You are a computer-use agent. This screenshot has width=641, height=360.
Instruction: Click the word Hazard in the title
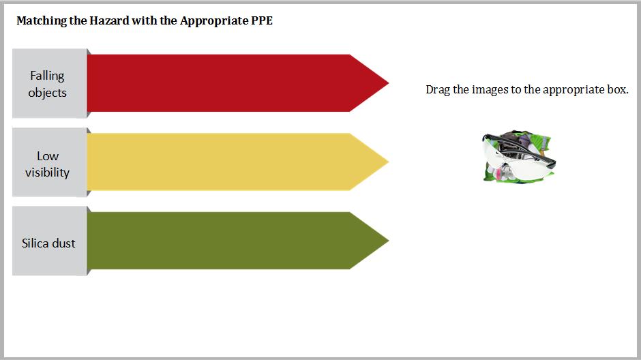coord(109,20)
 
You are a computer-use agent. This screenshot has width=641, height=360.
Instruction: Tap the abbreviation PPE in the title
coord(262,20)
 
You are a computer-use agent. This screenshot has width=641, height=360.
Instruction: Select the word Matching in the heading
coord(42,21)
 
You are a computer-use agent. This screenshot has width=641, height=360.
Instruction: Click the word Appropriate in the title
coord(214,21)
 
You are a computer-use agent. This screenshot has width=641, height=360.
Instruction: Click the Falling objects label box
coord(50,83)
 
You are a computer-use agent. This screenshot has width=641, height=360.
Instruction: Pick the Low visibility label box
coord(50,162)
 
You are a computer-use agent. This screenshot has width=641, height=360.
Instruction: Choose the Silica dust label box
coord(50,241)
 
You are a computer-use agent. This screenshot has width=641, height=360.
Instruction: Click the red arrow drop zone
coord(237,83)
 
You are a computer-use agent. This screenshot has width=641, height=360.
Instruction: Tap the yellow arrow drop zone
coord(237,162)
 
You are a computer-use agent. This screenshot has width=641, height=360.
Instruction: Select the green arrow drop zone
coord(237,241)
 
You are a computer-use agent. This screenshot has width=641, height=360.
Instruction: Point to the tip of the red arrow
coord(389,83)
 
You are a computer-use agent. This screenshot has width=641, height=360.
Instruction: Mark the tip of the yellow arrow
coord(389,162)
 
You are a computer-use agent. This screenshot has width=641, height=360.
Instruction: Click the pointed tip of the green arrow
coord(389,241)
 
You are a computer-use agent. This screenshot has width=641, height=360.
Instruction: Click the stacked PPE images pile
coord(518,157)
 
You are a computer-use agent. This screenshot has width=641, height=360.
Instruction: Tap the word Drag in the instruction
coord(438,90)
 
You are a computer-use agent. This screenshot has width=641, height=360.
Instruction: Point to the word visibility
coord(48,172)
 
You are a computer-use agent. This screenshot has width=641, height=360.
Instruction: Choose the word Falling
coord(47,76)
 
